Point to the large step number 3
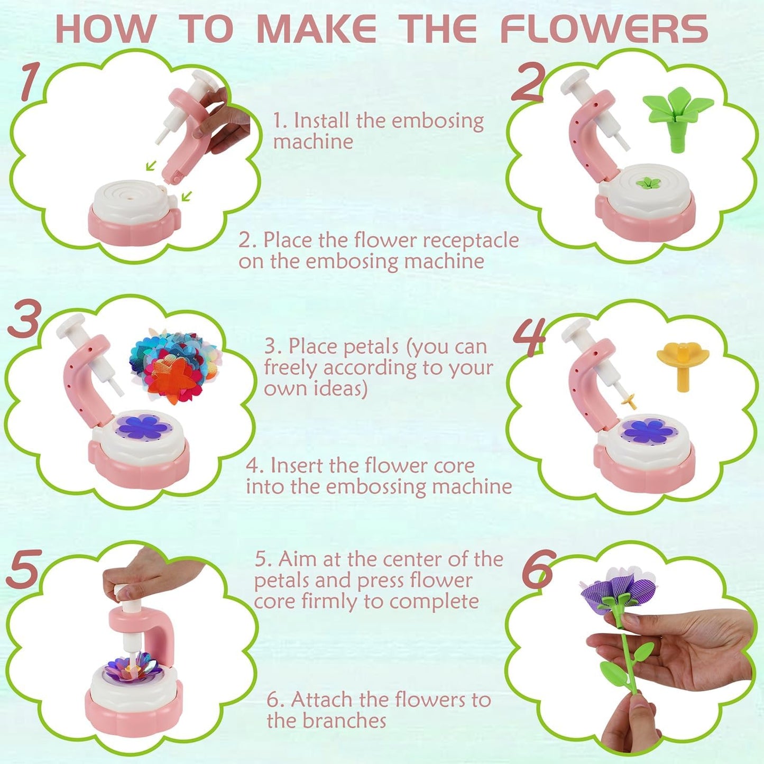[x=24, y=319]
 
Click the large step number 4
[x=529, y=339]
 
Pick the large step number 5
[x=24, y=568]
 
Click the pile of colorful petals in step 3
[x=174, y=365]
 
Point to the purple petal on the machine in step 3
[x=142, y=427]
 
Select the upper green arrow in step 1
[x=151, y=166]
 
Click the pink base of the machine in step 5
[x=133, y=711]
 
